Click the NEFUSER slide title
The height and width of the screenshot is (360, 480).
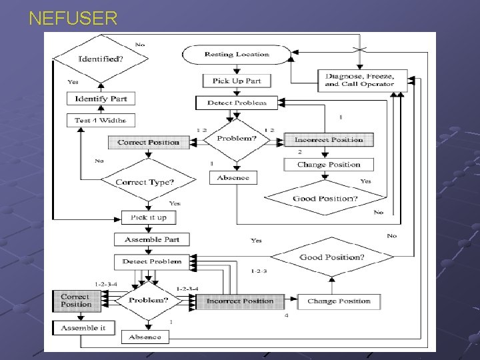(x=73, y=18)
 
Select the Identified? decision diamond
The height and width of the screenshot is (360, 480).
(x=101, y=59)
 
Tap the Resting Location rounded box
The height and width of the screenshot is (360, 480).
(x=236, y=54)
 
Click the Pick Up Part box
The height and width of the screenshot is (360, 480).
(x=236, y=81)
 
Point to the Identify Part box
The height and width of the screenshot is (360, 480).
(x=101, y=99)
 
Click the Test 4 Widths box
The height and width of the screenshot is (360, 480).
(x=101, y=121)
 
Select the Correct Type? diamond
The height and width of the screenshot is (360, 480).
(x=145, y=182)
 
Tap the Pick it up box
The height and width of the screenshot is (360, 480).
(x=148, y=217)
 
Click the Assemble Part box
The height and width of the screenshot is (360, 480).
(x=151, y=239)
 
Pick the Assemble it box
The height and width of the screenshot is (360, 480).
(x=83, y=328)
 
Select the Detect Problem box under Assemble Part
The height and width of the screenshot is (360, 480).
(x=151, y=261)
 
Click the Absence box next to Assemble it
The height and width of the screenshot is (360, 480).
(x=145, y=337)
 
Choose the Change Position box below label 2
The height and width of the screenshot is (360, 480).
(x=329, y=165)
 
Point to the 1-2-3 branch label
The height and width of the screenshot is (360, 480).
(x=259, y=271)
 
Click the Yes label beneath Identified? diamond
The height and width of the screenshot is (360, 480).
(x=73, y=82)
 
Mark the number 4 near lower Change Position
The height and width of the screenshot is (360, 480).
(x=287, y=315)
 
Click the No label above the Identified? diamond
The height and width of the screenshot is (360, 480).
(x=140, y=45)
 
